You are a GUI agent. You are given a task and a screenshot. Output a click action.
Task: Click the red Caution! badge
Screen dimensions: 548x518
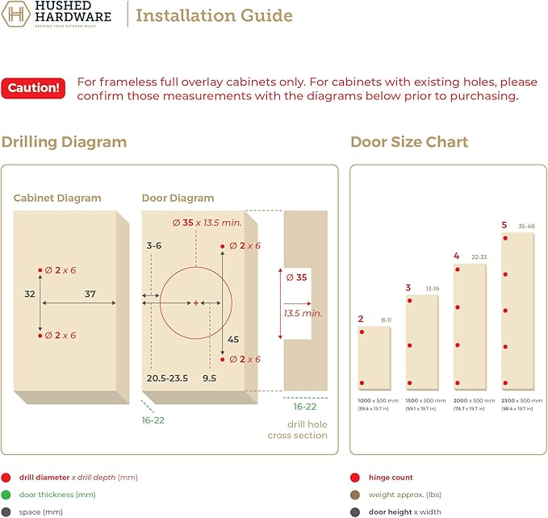coord(33,88)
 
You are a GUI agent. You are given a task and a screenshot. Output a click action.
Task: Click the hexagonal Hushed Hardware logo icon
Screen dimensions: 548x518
coord(15,14)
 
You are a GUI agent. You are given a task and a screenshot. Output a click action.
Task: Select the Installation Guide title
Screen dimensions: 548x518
coord(214,15)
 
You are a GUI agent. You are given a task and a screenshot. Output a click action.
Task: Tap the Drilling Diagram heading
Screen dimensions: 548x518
coord(64,142)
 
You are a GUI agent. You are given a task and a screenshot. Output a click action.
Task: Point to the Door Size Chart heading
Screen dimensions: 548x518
coord(409,142)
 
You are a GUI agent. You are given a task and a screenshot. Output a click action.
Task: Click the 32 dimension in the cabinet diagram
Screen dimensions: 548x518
coord(30,295)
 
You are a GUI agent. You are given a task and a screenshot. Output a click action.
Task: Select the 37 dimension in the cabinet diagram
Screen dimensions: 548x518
coord(90,295)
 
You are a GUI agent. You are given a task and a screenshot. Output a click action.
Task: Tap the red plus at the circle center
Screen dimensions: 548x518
coord(196,303)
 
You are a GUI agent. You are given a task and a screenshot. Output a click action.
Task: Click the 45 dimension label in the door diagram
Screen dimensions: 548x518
coord(233,340)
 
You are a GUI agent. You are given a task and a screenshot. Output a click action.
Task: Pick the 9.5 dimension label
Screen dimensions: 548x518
coord(209,378)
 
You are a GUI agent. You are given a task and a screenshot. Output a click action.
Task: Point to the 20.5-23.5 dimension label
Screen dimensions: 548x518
coord(167,378)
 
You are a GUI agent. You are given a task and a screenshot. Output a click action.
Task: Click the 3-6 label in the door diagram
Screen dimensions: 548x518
coord(154,245)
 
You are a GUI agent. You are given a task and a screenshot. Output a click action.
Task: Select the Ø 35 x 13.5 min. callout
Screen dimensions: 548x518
coord(207,223)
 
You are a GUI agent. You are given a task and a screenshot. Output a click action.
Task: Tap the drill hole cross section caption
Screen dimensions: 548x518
coord(298,430)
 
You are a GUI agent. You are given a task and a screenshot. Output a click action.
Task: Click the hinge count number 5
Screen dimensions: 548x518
coord(504,225)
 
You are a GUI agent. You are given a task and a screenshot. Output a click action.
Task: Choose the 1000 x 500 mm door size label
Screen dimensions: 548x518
coord(379,401)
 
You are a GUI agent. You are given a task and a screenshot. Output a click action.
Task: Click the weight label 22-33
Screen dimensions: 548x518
coord(479,257)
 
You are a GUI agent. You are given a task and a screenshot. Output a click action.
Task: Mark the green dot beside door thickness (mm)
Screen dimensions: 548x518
coord(6,495)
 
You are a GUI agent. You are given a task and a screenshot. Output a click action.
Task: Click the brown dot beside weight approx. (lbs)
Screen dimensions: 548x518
coord(355,495)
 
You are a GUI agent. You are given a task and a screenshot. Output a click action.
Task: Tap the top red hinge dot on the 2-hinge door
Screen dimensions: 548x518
coord(362,332)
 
